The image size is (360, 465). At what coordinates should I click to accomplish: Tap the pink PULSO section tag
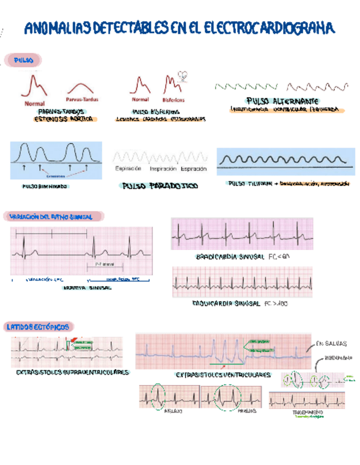[23, 59]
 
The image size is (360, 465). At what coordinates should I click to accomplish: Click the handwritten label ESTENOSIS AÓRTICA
[64, 119]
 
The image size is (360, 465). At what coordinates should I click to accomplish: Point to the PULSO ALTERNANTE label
[283, 101]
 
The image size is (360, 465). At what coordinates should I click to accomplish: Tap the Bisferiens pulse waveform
[173, 86]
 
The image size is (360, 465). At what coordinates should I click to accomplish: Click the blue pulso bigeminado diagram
[56, 160]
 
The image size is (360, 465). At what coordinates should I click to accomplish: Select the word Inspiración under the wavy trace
[162, 168]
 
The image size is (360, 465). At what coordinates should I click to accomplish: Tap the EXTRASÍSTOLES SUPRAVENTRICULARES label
[72, 372]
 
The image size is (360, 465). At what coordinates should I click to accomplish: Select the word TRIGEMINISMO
[308, 411]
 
